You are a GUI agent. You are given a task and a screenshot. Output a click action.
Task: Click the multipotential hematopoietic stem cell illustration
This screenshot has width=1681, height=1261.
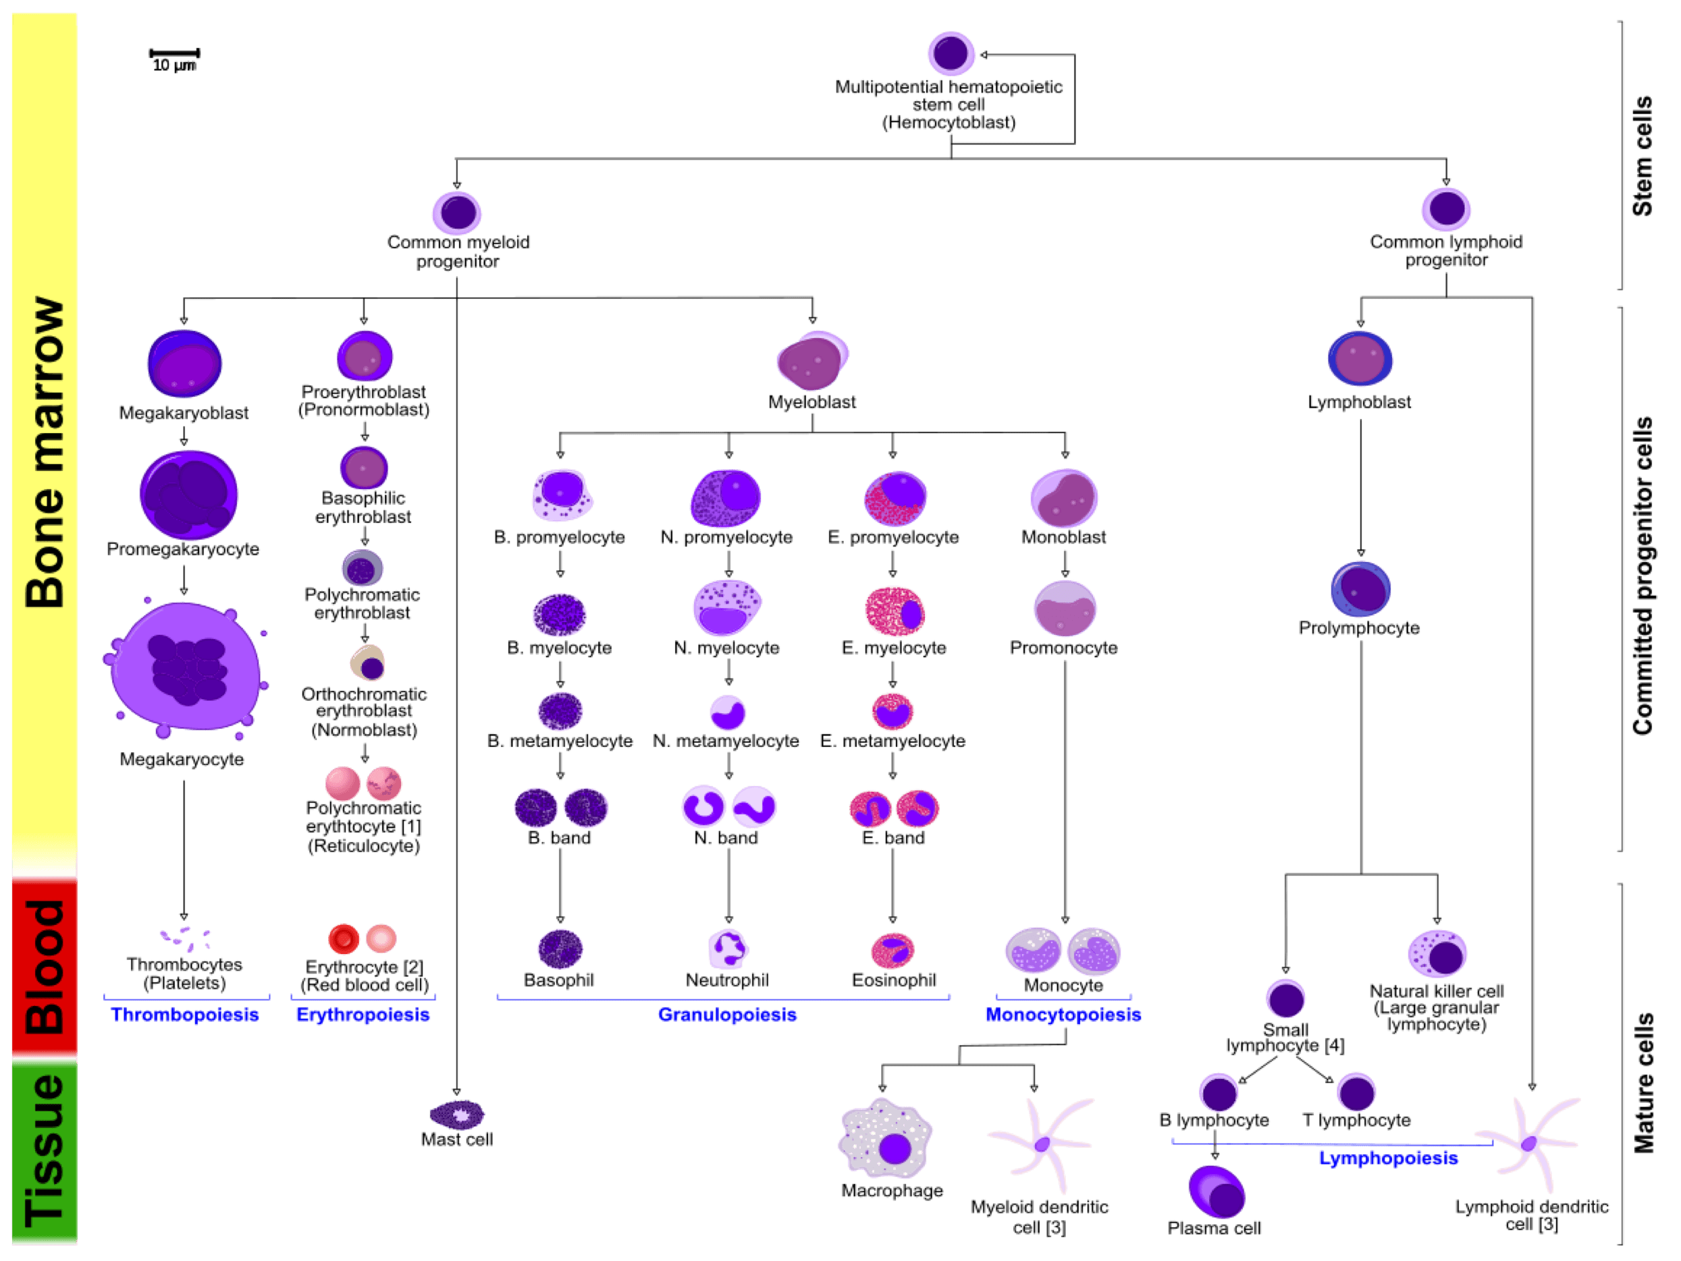click(951, 53)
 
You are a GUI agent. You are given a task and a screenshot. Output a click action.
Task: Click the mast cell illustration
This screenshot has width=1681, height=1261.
click(458, 1115)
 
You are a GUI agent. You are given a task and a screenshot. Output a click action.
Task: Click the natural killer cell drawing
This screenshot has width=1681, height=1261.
click(1437, 953)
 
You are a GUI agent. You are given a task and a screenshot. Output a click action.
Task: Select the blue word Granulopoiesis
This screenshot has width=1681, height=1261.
click(727, 1015)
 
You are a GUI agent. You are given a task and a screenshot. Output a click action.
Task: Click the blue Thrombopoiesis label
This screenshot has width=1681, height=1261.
click(186, 1015)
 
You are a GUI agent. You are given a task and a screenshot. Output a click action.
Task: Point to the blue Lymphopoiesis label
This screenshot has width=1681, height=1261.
click(1387, 1158)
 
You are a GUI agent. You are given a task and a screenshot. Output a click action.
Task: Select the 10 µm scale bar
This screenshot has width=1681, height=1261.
click(174, 53)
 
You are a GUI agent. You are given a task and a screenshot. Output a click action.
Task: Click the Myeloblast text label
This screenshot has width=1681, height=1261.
click(812, 402)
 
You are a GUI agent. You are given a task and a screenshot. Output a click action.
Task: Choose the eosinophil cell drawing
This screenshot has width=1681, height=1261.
click(893, 951)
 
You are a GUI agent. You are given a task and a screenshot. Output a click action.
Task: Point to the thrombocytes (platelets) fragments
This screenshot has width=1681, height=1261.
click(185, 937)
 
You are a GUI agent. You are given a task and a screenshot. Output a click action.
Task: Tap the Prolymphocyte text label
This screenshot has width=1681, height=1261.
click(1359, 628)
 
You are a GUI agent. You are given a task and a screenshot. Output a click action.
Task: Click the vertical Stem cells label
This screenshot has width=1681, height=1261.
click(1643, 156)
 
